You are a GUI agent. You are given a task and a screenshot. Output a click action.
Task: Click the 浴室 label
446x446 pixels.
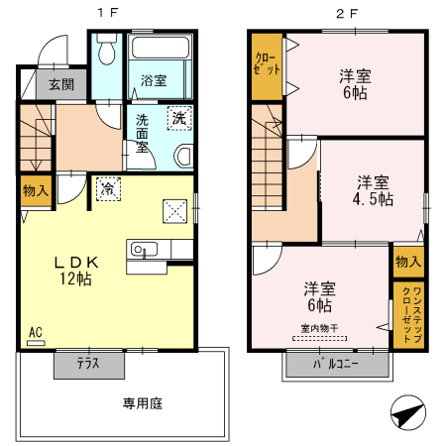153,80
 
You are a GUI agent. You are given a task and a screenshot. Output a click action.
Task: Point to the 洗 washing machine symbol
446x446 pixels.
178,116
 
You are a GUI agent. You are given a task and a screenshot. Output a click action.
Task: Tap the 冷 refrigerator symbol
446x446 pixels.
105,186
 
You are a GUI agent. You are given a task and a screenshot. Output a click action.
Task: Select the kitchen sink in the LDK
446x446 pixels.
139,249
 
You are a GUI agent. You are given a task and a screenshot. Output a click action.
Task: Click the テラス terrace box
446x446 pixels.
89,364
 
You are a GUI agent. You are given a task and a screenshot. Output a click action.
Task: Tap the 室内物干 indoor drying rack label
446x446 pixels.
319,328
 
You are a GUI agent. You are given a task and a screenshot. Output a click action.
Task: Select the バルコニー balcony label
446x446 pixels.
336,365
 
